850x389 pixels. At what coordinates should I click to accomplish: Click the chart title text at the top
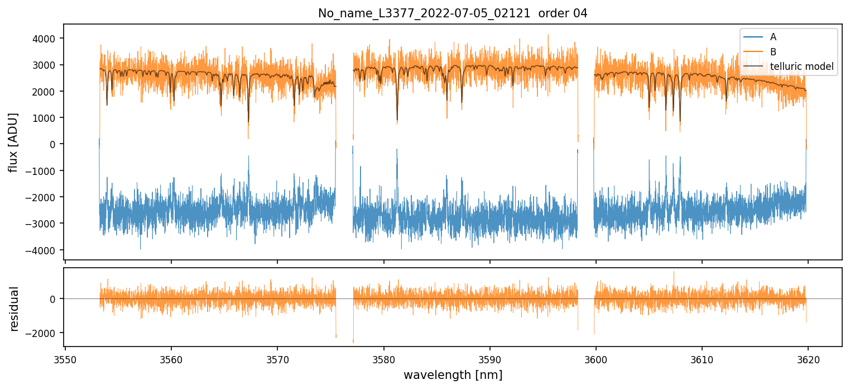pos(453,13)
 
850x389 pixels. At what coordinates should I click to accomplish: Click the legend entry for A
pos(773,37)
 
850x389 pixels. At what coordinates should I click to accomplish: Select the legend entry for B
pos(773,52)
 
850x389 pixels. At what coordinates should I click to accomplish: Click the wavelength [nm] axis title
pos(453,374)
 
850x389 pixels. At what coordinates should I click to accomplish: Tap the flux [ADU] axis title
pos(13,142)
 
